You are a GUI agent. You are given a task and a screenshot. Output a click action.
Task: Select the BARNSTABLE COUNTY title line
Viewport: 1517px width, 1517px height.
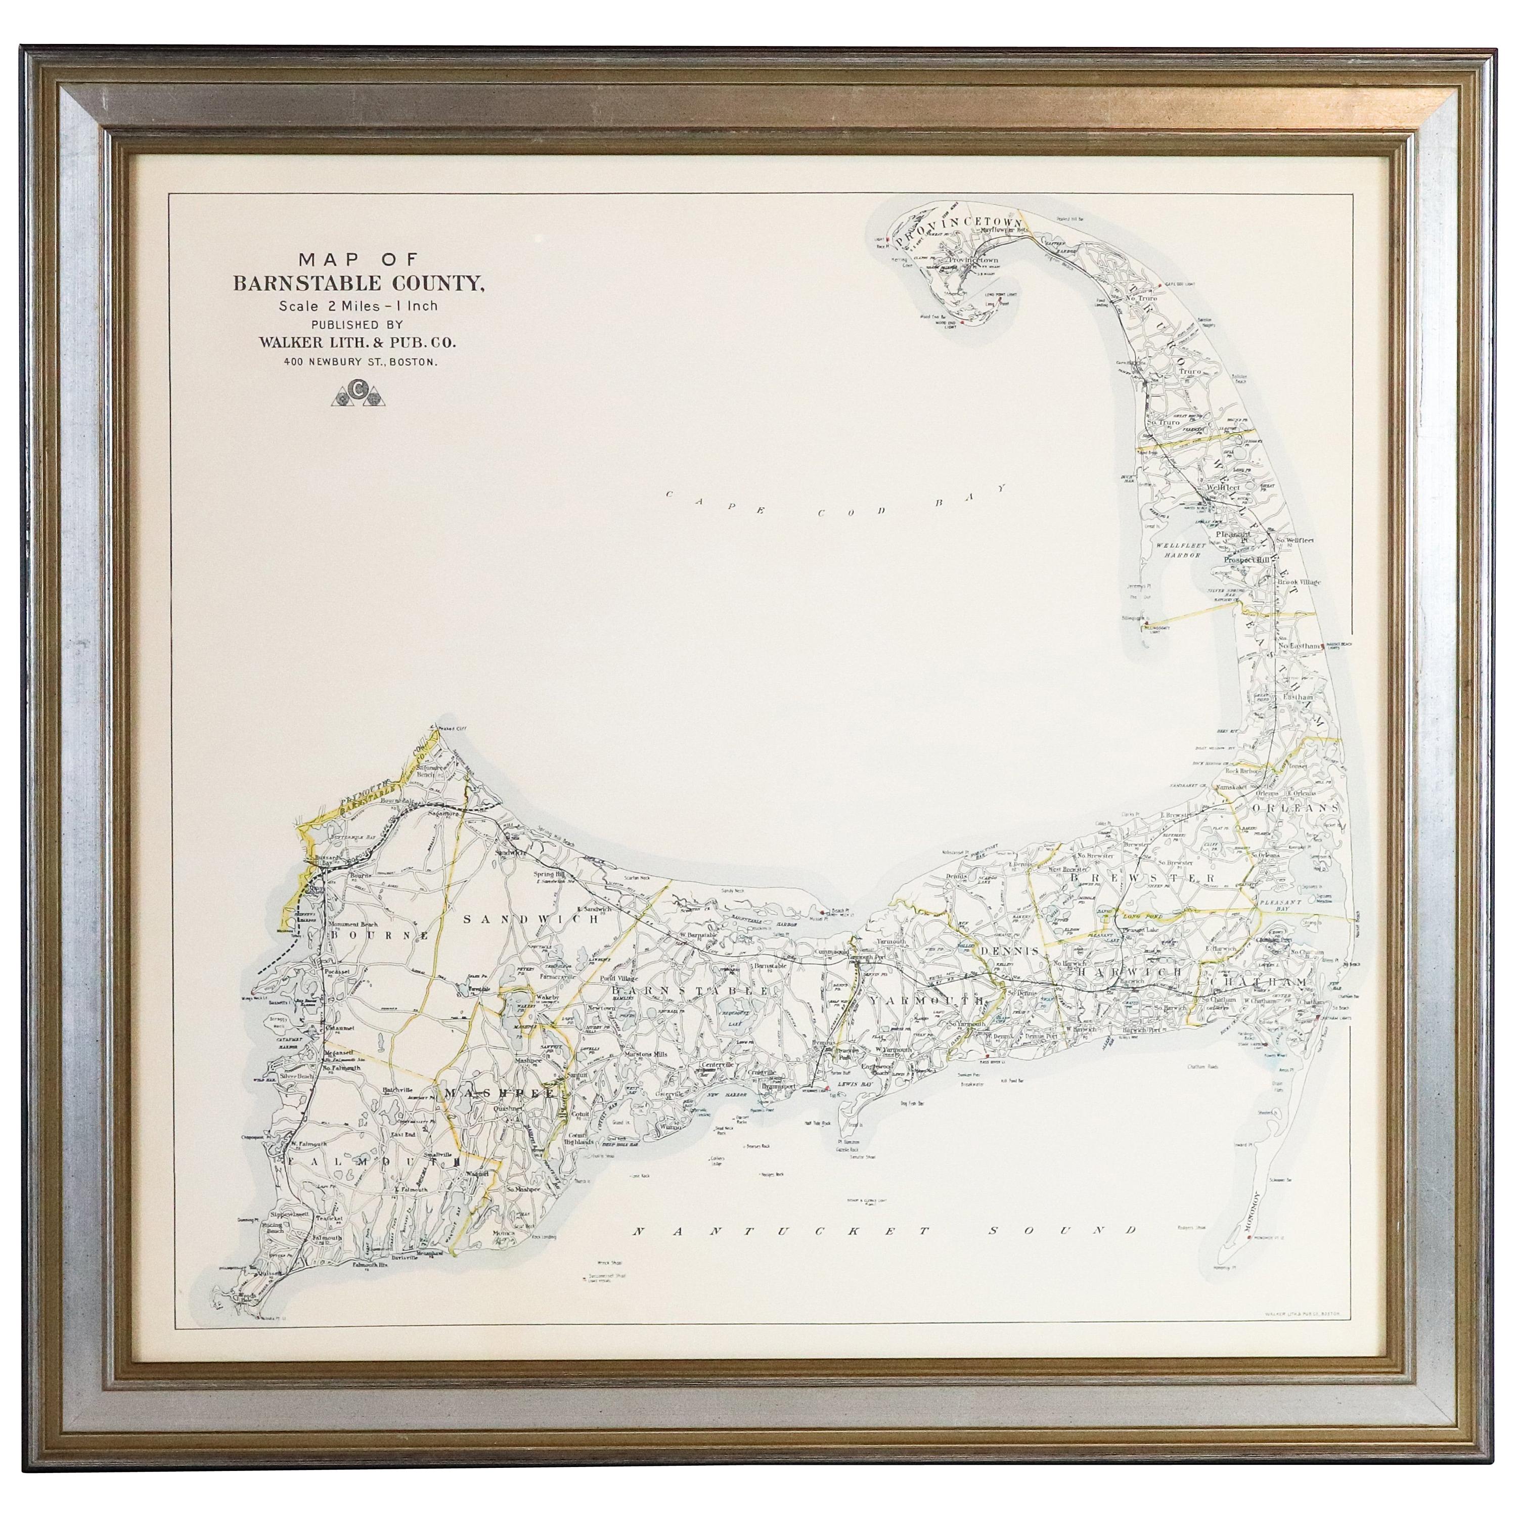(x=358, y=284)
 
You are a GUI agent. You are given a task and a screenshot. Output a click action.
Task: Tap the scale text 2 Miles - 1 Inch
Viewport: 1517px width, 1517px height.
(x=358, y=306)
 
